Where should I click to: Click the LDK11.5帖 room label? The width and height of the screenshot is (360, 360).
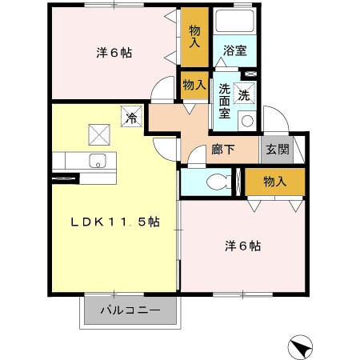click(115, 222)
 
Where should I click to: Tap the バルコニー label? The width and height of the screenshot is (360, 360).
click(130, 310)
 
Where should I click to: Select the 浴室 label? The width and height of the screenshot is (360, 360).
click(235, 50)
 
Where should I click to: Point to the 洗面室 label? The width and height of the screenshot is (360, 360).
click(226, 101)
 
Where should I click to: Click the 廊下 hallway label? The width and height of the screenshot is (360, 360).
click(223, 149)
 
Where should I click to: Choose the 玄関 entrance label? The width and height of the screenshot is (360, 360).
click(278, 149)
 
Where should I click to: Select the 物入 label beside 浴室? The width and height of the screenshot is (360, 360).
click(194, 36)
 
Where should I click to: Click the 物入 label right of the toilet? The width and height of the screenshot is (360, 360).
click(274, 182)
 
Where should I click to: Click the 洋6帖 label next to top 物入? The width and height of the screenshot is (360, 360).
click(114, 53)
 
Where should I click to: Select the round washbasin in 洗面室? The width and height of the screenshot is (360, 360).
click(246, 122)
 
